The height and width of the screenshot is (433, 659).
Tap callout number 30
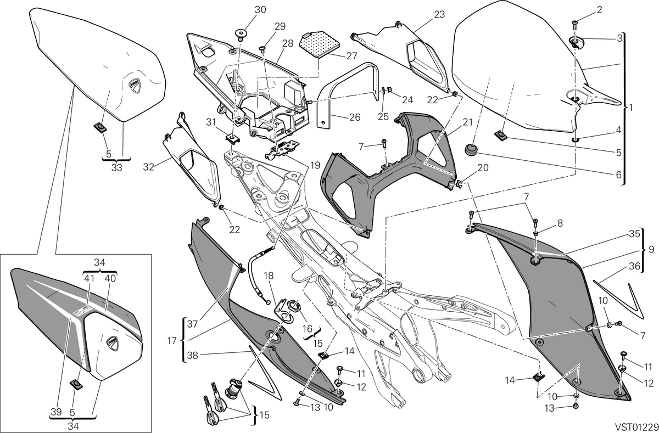click(260, 10)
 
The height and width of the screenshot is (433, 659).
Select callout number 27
click(351, 56)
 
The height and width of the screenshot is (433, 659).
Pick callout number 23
click(439, 15)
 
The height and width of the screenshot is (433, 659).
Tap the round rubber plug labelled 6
click(471, 149)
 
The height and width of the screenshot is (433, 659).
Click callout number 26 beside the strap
click(354, 117)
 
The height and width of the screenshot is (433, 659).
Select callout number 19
click(315, 166)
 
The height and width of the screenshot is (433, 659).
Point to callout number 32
click(149, 167)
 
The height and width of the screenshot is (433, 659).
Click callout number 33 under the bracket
click(116, 167)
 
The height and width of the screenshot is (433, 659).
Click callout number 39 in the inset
click(56, 412)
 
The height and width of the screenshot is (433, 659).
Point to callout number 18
click(269, 275)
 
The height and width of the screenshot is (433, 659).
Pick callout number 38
click(193, 356)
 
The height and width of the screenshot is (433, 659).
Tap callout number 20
click(483, 167)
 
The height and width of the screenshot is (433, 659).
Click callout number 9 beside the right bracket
click(651, 250)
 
